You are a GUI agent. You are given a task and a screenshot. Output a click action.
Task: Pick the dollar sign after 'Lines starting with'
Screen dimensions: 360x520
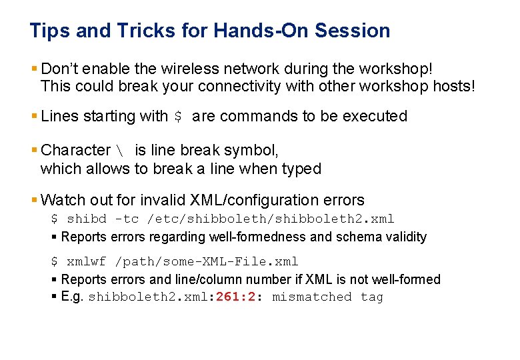coord(177,117)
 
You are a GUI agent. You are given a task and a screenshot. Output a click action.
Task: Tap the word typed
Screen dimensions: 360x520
coord(303,169)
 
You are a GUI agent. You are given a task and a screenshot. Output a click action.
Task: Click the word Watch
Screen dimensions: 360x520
coord(63,200)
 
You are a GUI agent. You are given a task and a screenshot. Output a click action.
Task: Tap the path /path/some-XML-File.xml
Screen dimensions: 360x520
coord(206,262)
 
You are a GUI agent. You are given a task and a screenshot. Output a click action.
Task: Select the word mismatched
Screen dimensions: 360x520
coord(311,297)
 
